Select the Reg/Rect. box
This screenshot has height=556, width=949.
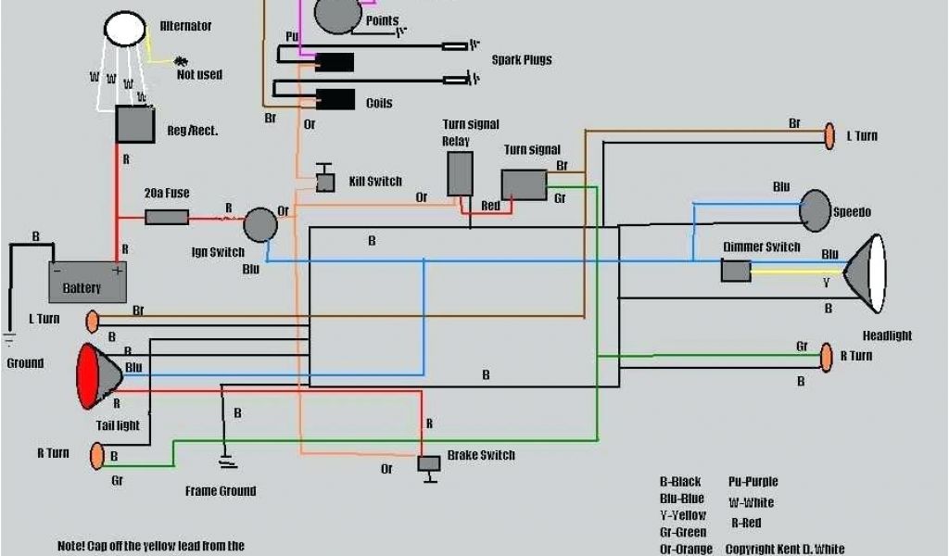[134, 124]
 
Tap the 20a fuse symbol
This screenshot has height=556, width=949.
[167, 218]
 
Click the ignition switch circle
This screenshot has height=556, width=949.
[260, 225]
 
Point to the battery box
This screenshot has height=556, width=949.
[88, 282]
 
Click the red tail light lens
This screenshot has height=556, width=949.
[88, 376]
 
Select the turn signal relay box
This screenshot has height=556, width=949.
[460, 173]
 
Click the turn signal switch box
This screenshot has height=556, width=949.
[524, 185]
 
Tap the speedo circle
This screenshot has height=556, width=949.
[816, 210]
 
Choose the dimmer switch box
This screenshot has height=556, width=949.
[736, 271]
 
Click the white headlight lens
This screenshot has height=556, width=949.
[876, 273]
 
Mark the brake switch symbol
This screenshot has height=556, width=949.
[429, 463]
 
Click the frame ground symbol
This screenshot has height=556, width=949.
[222, 460]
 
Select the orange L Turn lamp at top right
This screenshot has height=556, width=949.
[829, 136]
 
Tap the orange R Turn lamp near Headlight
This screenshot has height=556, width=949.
[826, 357]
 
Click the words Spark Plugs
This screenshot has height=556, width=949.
[521, 60]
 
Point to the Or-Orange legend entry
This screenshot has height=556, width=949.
[686, 549]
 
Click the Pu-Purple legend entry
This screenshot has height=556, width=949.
[753, 482]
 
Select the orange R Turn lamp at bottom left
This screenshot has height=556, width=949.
[96, 456]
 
